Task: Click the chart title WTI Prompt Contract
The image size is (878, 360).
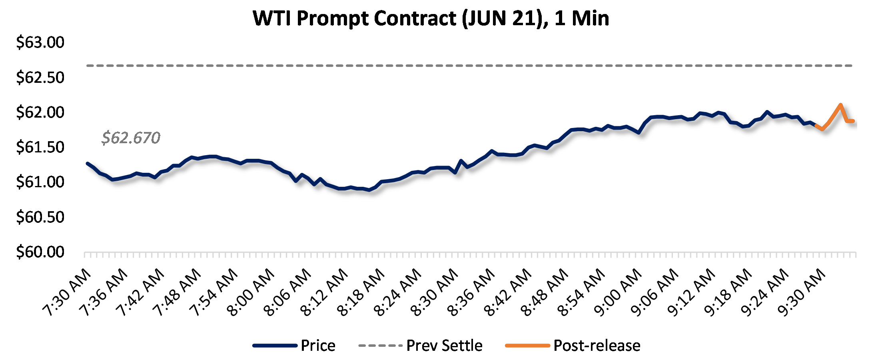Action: (x=431, y=18)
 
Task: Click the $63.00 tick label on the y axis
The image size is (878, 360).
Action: (x=40, y=42)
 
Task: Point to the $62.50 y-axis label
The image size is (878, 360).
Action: (x=40, y=77)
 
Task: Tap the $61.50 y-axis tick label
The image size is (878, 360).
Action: (x=40, y=147)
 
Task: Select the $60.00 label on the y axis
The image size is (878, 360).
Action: (x=40, y=252)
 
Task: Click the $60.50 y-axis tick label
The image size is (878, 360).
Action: (x=40, y=217)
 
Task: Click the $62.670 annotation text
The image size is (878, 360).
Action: (x=131, y=138)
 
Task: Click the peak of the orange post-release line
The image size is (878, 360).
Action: (x=841, y=105)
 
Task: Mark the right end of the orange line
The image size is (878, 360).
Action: (x=853, y=121)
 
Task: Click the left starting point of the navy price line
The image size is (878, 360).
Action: (x=87, y=163)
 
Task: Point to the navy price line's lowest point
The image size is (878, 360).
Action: (x=369, y=190)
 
